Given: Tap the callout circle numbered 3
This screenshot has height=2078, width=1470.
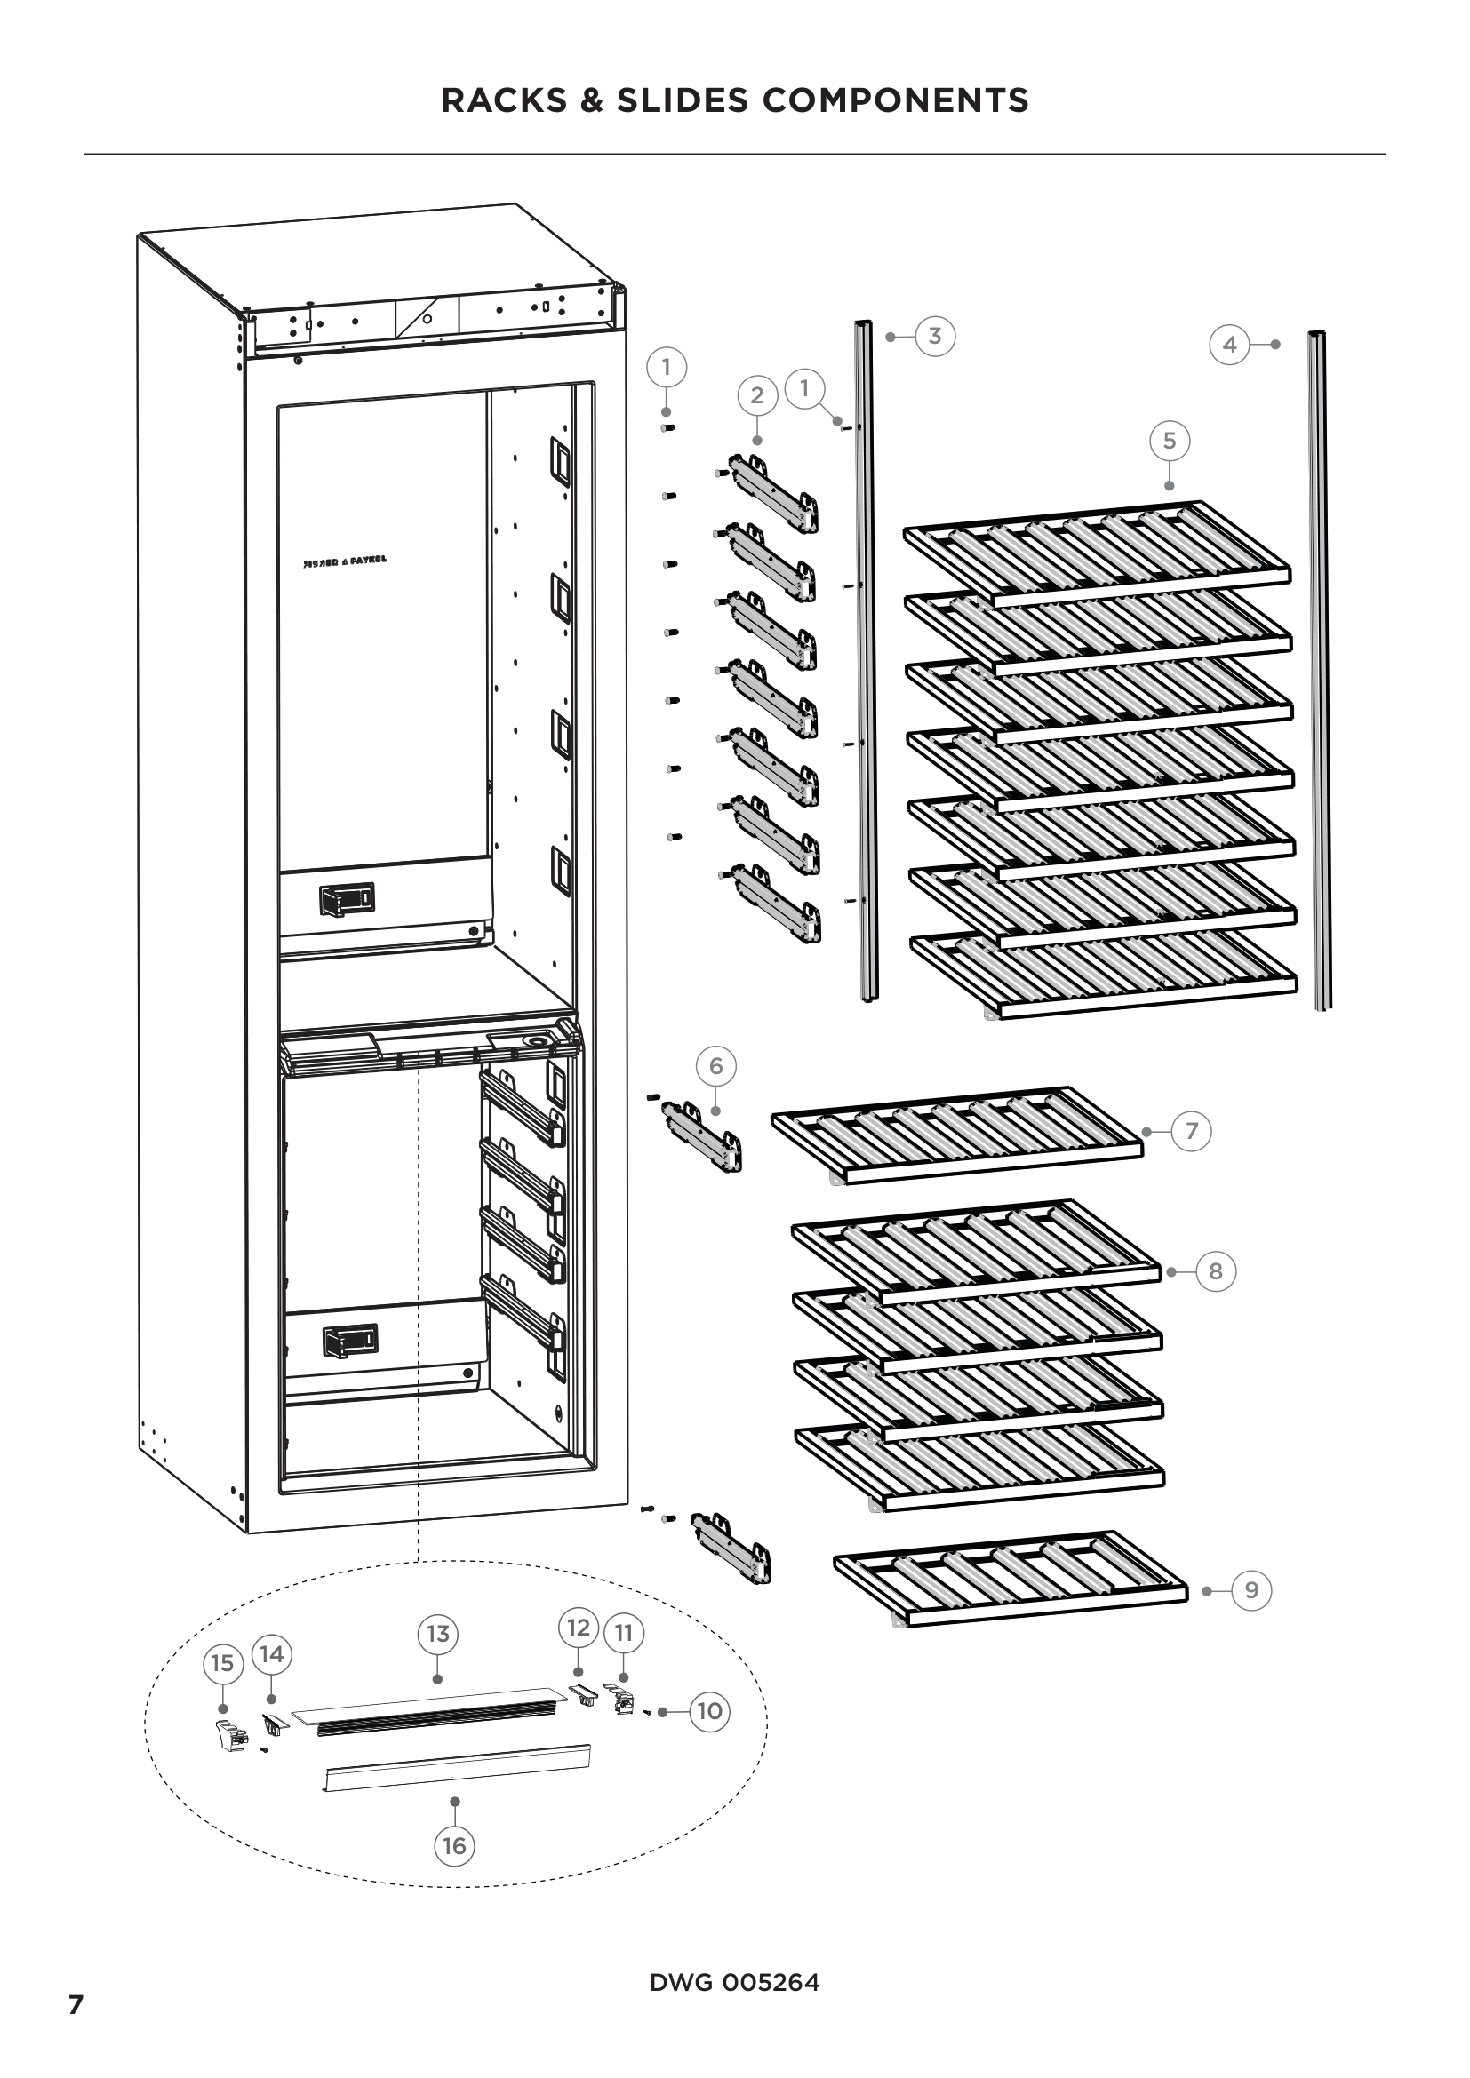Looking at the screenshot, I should click(x=935, y=336).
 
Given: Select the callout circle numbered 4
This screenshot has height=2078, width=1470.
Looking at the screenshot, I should click(x=1229, y=345).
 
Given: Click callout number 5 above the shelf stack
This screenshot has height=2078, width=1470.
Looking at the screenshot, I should click(x=1170, y=441).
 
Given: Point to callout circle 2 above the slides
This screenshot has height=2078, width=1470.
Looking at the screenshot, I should click(x=757, y=394).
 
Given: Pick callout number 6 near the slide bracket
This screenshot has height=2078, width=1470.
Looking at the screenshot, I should click(x=716, y=1066).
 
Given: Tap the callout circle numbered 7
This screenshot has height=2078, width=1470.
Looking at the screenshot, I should click(x=1191, y=1131).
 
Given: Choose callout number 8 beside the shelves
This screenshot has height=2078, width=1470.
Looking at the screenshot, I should click(x=1216, y=1271).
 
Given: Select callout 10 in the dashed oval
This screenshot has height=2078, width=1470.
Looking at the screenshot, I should click(x=709, y=1711).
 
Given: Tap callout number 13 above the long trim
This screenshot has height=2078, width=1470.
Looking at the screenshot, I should click(x=437, y=1634).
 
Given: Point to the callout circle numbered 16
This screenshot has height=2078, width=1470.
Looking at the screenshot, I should click(x=454, y=1845).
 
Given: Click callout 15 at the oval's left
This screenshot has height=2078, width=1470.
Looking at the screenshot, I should click(x=222, y=1662).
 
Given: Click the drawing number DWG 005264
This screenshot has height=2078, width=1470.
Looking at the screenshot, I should click(x=734, y=1983).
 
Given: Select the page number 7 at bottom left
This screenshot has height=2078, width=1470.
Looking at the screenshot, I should click(x=76, y=2006).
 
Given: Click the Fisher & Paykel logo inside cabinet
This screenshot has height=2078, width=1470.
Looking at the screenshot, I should click(x=344, y=561).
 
